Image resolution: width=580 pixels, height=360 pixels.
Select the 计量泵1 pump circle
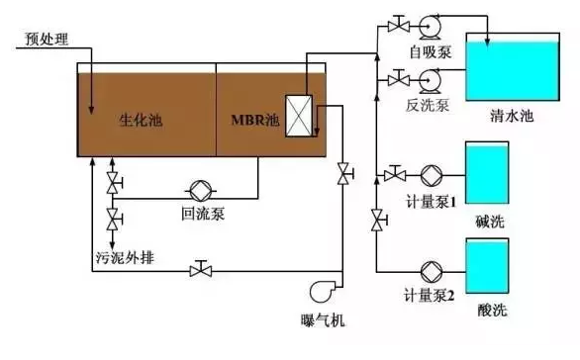point(433,176)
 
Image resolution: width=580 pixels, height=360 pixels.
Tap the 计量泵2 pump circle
point(433,269)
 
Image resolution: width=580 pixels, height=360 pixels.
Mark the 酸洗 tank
point(485,267)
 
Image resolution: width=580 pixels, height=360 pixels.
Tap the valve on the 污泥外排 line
point(202,268)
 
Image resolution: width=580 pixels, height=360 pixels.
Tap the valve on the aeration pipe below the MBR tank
point(343,174)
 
